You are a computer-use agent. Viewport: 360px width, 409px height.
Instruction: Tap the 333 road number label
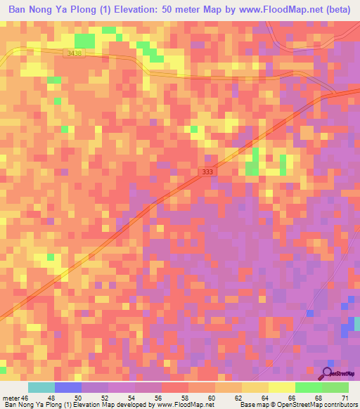(205, 171)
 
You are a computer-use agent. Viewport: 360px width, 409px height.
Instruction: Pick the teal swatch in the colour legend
(41, 387)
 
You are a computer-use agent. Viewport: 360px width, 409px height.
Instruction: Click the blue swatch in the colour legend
(68, 387)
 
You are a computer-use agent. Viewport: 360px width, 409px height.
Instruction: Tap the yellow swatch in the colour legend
(282, 387)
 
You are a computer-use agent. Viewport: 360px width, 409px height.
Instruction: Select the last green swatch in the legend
(335, 387)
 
